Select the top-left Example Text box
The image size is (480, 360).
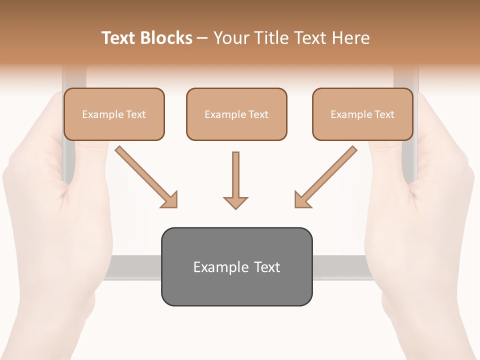114,114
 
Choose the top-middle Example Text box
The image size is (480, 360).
236,114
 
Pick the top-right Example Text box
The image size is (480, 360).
362,114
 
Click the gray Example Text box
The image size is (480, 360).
236,266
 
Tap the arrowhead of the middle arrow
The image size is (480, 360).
235,202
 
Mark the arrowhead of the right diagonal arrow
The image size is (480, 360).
302,199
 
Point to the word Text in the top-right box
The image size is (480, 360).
384,114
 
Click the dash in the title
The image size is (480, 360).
202,38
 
